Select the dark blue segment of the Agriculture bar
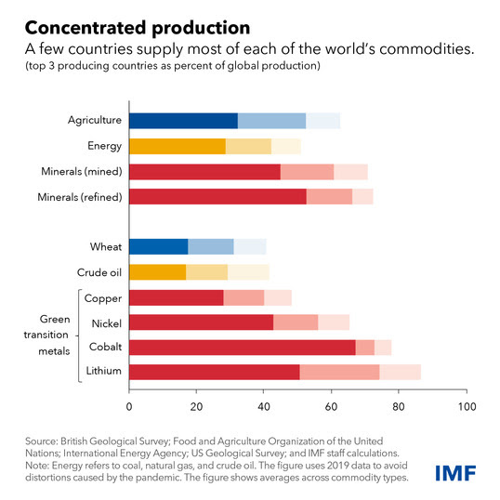pyautogui.click(x=183, y=120)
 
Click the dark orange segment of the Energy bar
pyautogui.click(x=177, y=145)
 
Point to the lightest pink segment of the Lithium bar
pyautogui.click(x=400, y=372)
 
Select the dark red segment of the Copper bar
pyautogui.click(x=176, y=297)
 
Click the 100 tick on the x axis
pyautogui.click(x=466, y=406)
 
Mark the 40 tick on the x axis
pyautogui.click(x=264, y=406)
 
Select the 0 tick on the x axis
pyautogui.click(x=128, y=406)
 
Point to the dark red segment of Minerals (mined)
pyautogui.click(x=204, y=171)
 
